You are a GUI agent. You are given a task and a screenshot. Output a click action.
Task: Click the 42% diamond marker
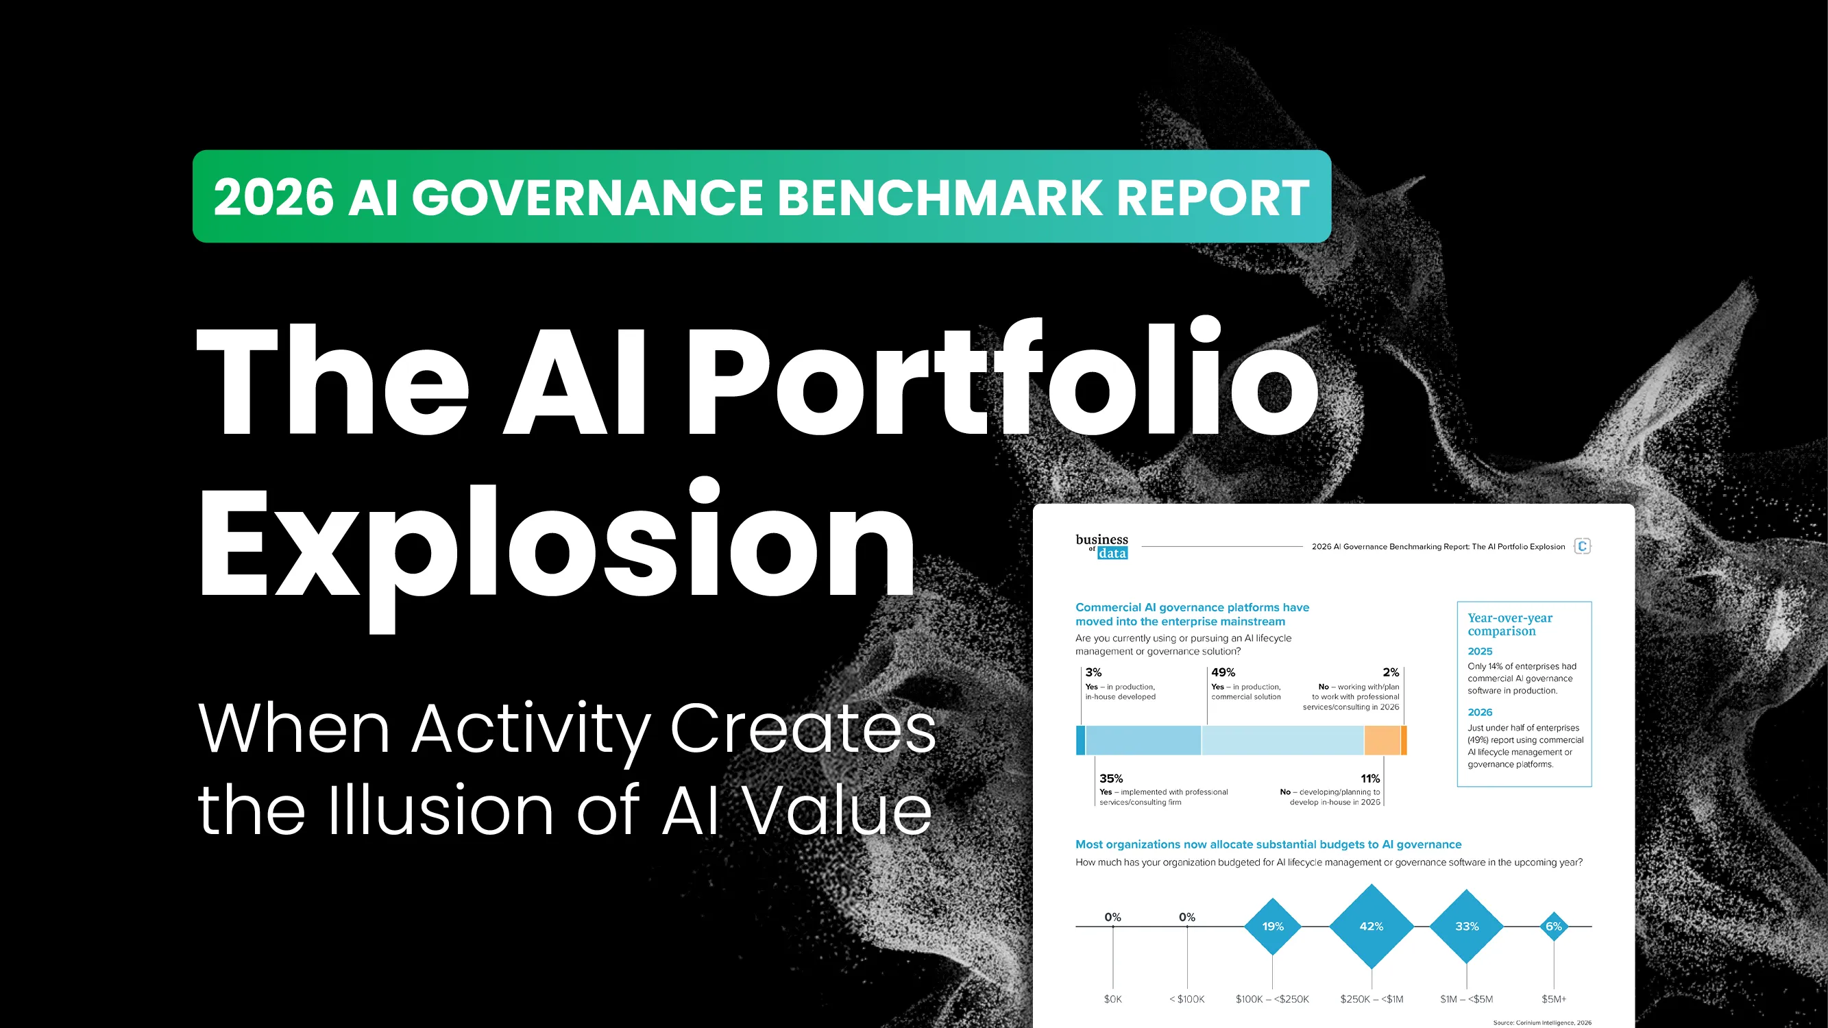(x=1371, y=926)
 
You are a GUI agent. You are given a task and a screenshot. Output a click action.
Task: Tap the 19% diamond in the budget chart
(x=1272, y=926)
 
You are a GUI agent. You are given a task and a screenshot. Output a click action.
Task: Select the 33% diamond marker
(x=1467, y=926)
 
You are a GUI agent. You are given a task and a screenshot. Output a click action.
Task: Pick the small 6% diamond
(x=1553, y=926)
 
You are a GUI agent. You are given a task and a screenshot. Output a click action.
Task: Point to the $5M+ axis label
(x=1553, y=999)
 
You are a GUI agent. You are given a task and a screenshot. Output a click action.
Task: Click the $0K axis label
(x=1112, y=999)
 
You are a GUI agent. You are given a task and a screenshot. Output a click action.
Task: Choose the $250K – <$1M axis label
(x=1371, y=999)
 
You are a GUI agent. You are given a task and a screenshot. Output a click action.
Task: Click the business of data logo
(x=1101, y=546)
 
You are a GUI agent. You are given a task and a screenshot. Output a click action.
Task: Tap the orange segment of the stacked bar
(x=1382, y=740)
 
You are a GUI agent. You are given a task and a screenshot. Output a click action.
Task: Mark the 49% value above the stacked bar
(x=1223, y=672)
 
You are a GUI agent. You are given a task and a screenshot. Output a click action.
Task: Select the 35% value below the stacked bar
(x=1110, y=779)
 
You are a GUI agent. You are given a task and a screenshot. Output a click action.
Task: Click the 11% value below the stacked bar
(x=1369, y=779)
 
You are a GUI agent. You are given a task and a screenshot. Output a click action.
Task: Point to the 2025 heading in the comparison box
(x=1480, y=650)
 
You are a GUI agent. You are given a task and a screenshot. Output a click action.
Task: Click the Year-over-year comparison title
(x=1509, y=624)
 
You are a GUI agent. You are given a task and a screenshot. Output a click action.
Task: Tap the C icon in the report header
(x=1582, y=546)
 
